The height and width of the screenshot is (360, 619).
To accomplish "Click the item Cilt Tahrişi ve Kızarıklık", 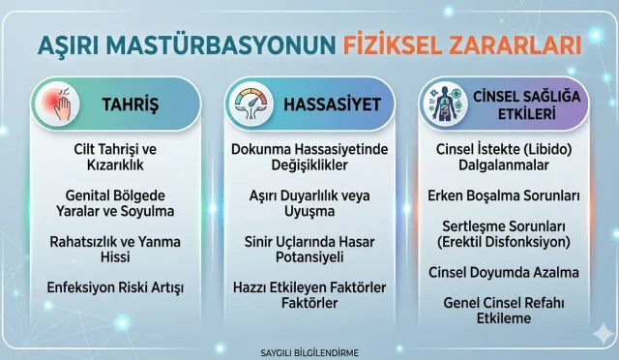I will pos(116,157).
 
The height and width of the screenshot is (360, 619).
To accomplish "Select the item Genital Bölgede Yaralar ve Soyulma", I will pos(116,202).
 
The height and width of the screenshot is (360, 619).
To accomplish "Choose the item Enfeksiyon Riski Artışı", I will pos(116,286).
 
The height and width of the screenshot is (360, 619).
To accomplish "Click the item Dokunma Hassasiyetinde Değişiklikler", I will pos(310,157).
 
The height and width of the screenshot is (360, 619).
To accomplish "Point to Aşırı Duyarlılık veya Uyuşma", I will pos(310,202).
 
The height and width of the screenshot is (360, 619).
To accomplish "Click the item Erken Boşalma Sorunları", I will pos(504,195).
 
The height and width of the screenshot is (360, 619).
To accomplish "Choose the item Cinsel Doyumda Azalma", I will pos(504,272).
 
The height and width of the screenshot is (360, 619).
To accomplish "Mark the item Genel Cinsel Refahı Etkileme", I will pos(504,311).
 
